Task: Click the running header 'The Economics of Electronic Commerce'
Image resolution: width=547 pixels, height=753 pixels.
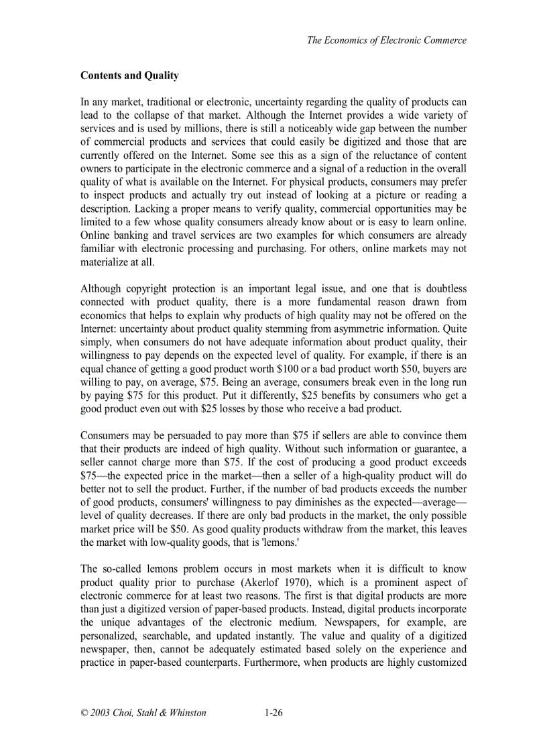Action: point(386,40)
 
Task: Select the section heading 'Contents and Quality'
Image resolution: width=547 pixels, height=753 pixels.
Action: point(129,76)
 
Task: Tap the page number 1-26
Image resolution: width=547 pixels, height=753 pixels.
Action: point(273,713)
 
